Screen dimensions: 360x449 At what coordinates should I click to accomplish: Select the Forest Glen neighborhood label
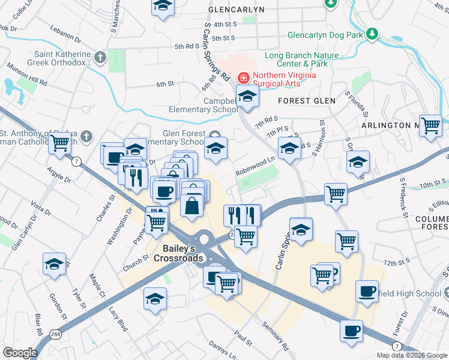(x=306, y=101)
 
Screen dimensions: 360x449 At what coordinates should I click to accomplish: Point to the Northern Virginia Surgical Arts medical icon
(x=243, y=77)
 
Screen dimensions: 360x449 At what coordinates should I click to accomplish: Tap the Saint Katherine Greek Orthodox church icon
(x=100, y=58)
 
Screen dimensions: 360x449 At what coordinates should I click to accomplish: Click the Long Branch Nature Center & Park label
(x=301, y=59)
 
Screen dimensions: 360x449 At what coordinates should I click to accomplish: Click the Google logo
(x=20, y=353)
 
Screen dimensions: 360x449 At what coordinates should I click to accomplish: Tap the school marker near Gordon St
(x=54, y=264)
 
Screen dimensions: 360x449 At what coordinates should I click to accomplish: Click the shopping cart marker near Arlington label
(x=430, y=126)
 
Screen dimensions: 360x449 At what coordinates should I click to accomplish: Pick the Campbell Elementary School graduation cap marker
(x=247, y=96)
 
